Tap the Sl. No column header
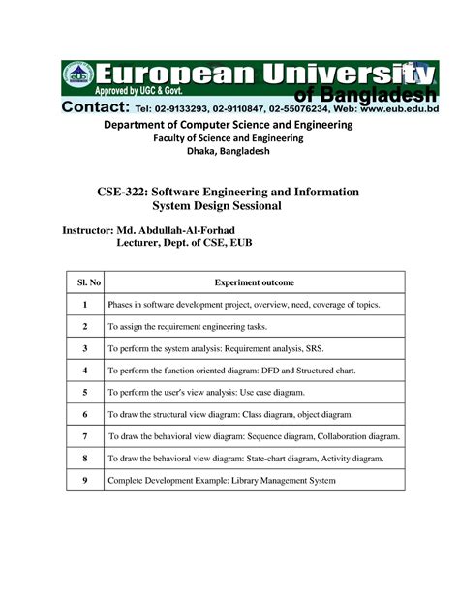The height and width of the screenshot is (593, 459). click(85, 282)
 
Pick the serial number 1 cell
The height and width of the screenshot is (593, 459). click(85, 305)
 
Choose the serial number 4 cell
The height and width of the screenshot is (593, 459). click(85, 371)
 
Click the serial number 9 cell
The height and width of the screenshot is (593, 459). click(85, 480)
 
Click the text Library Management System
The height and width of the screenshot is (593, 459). click(280, 480)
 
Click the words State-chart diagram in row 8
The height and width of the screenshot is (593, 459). click(283, 459)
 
